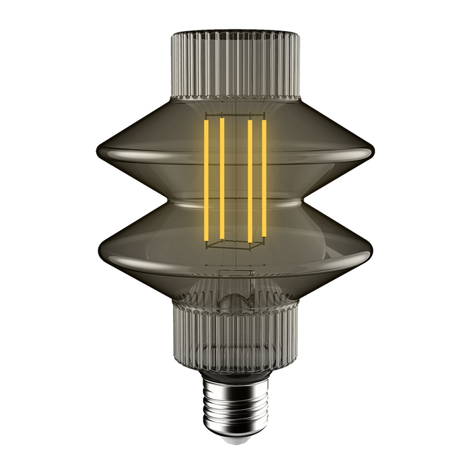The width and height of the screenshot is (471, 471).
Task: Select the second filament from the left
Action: click(x=221, y=178)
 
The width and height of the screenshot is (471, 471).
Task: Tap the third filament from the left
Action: click(x=250, y=178)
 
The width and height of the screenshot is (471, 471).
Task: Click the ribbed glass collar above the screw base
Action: click(x=235, y=336)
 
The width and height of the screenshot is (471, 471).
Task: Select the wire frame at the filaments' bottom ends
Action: click(x=235, y=244)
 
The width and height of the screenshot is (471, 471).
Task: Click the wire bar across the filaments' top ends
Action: click(x=235, y=118)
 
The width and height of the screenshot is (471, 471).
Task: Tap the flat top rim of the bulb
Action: click(x=235, y=32)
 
